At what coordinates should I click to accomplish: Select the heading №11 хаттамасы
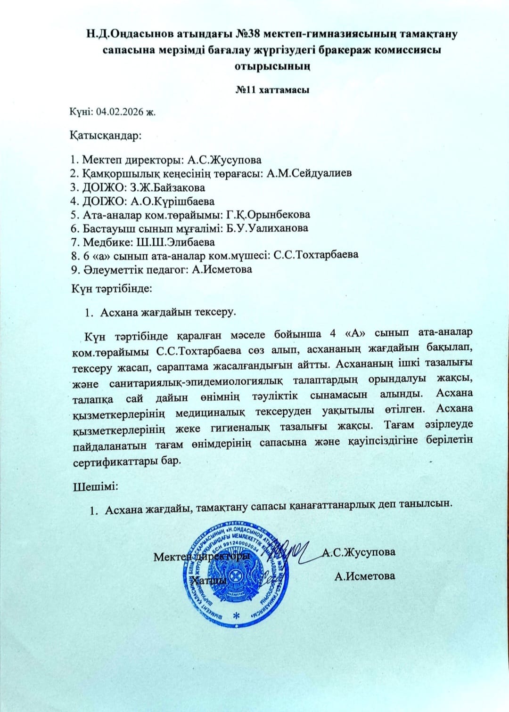[x=272, y=89]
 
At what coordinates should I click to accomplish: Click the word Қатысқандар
[x=106, y=137]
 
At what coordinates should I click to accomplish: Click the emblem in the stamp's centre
[x=236, y=574]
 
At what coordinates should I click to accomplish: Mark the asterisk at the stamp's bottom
[x=236, y=616]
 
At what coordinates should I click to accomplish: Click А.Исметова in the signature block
[x=364, y=575]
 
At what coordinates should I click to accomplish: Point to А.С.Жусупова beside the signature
[x=359, y=552]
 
